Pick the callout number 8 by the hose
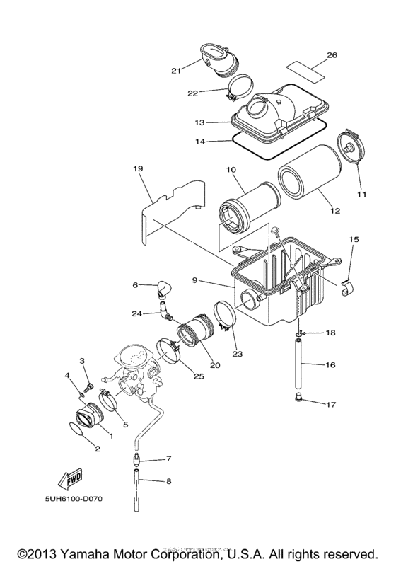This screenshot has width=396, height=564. [x=168, y=481]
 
